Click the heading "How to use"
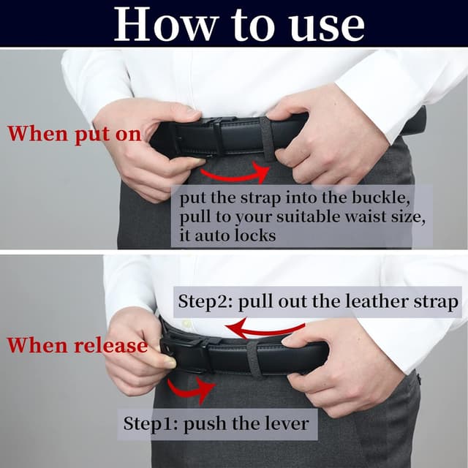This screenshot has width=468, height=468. point(239,23)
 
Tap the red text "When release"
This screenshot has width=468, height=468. point(77,345)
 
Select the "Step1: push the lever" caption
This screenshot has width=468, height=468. point(216,423)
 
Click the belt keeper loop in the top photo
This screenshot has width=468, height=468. point(268,137)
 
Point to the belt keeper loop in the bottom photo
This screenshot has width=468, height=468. point(253,358)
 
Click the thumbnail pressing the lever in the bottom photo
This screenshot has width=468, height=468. point(169,361)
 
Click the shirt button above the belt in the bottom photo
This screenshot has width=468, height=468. point(186,323)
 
